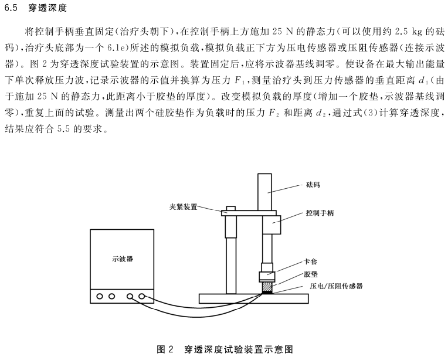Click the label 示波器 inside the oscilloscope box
(x=122, y=259)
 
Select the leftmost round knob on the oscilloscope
(x=100, y=296)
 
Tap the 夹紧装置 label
(x=180, y=206)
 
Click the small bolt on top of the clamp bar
(x=230, y=208)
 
